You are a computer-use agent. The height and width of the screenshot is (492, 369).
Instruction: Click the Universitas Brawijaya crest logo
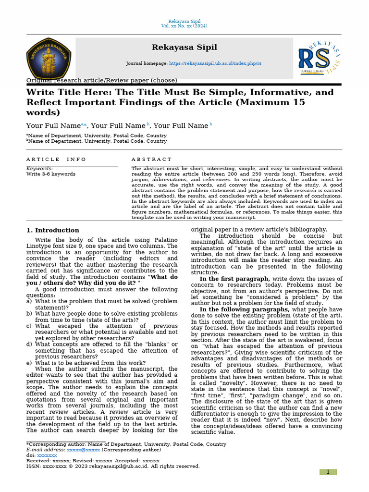pos(49,59)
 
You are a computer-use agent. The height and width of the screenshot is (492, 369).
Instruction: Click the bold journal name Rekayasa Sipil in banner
pos(184,47)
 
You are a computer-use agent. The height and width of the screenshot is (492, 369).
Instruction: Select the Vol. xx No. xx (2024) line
pos(184,26)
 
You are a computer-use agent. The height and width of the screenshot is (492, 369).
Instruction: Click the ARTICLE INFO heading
pos(56,159)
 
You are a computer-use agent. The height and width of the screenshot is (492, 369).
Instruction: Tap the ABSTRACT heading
pos(151,159)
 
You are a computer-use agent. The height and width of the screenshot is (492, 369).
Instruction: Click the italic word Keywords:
pos(39,169)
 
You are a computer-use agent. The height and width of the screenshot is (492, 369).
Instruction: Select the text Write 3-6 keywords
pos(50,174)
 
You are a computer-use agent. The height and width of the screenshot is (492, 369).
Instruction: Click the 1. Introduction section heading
pos(53,230)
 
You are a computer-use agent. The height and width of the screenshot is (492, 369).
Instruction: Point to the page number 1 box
pos(328,472)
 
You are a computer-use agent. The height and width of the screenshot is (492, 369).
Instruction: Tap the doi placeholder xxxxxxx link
pos(47,455)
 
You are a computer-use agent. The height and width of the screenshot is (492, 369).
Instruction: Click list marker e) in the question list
pos(29,363)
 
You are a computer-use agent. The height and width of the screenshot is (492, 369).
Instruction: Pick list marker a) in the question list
pos(29,301)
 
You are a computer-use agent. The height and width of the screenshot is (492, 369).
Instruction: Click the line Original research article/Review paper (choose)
pos(101,80)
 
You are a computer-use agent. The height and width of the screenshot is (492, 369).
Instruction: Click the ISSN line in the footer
pos(113,466)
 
